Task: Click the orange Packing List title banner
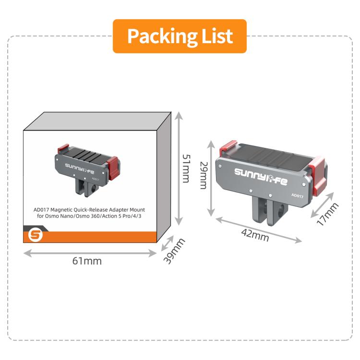[x=180, y=36]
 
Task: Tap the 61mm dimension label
[x=87, y=261]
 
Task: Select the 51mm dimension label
[x=186, y=168]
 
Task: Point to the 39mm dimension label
[x=174, y=251]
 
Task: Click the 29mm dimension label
[x=204, y=176]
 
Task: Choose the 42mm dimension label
[x=255, y=235]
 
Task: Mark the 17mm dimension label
[x=327, y=214]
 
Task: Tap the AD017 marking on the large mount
[x=297, y=196]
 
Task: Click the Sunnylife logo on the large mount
[x=261, y=176]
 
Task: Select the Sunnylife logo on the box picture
[x=79, y=168]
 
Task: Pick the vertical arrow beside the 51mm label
[x=179, y=169]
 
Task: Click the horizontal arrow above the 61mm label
[x=90, y=253]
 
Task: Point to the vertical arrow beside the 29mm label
[x=211, y=179]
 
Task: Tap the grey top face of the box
[x=97, y=121]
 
